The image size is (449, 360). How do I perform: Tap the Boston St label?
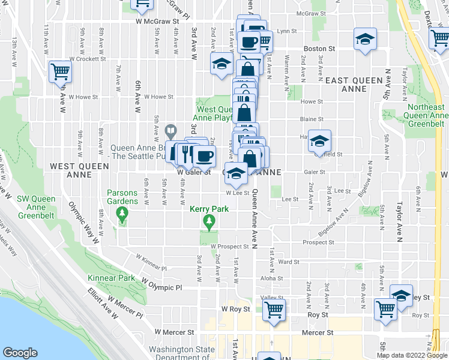(x=319, y=48)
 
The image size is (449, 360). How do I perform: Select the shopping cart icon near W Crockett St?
(x=60, y=72)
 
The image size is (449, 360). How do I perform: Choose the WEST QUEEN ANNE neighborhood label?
(x=79, y=170)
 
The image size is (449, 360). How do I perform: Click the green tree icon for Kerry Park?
(x=209, y=223)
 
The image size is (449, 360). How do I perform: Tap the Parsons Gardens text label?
(x=122, y=197)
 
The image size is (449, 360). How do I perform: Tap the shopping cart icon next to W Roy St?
(x=274, y=310)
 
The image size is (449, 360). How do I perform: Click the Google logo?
(x=20, y=353)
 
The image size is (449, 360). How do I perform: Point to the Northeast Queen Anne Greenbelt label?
(x=427, y=115)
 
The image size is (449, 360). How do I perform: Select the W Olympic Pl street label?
(x=161, y=287)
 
